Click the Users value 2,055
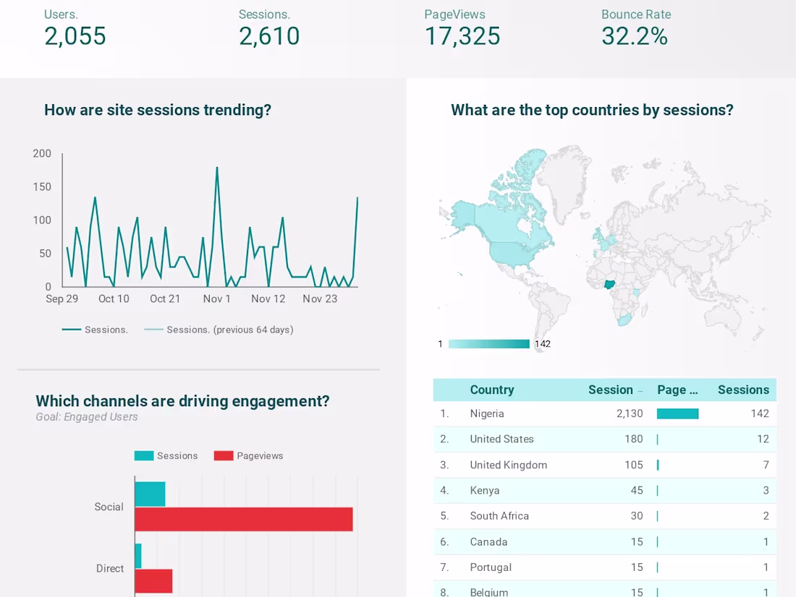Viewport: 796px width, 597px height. (x=75, y=36)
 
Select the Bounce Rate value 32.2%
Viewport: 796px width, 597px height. (x=634, y=36)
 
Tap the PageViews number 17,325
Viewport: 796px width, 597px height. (x=462, y=36)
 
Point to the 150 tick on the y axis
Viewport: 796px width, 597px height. (x=42, y=186)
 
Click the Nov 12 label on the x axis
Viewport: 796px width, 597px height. (x=268, y=298)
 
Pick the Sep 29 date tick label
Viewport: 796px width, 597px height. (x=62, y=298)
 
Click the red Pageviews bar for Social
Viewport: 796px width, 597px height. (x=244, y=519)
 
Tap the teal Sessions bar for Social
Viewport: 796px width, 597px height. (x=151, y=494)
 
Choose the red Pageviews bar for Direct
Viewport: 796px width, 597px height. (x=154, y=580)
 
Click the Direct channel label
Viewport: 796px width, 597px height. (x=110, y=569)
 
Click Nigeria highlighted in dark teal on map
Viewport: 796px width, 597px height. (x=610, y=284)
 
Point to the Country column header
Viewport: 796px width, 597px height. (x=492, y=390)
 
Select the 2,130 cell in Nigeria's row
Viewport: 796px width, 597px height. (x=629, y=413)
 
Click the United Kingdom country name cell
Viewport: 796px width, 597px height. (x=508, y=465)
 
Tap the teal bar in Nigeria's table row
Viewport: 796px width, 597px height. (x=677, y=413)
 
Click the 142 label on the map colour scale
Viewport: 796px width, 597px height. (x=543, y=344)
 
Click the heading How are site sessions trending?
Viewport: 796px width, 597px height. (x=158, y=110)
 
